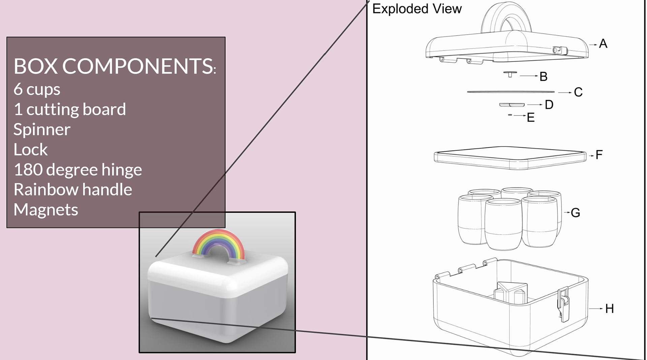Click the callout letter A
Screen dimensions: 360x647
pos(603,44)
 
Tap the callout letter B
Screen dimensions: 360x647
pos(543,76)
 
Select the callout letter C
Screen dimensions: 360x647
pos(578,92)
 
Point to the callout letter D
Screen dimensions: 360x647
pos(549,105)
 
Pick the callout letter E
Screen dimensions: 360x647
pos(531,118)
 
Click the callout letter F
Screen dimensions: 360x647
pos(599,155)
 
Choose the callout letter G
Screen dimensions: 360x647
pos(575,212)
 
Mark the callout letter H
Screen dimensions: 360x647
pos(609,308)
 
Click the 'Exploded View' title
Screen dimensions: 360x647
pos(417,9)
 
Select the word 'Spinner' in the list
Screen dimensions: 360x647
pos(42,130)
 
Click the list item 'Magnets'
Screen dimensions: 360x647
pos(46,210)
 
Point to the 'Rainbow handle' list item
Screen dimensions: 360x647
pos(73,190)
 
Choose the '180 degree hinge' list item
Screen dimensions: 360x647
pos(78,169)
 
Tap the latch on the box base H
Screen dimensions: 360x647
pos(563,303)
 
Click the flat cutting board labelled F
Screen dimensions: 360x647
pos(510,157)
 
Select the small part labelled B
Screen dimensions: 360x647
pos(510,74)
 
